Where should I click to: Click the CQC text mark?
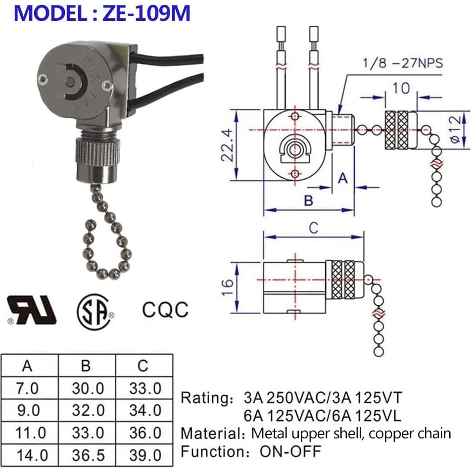tap(165, 310)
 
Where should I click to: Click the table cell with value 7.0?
tap(28, 388)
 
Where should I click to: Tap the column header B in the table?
tap(86, 366)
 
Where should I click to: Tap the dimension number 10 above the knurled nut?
tap(401, 88)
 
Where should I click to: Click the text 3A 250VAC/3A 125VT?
tap(323, 398)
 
